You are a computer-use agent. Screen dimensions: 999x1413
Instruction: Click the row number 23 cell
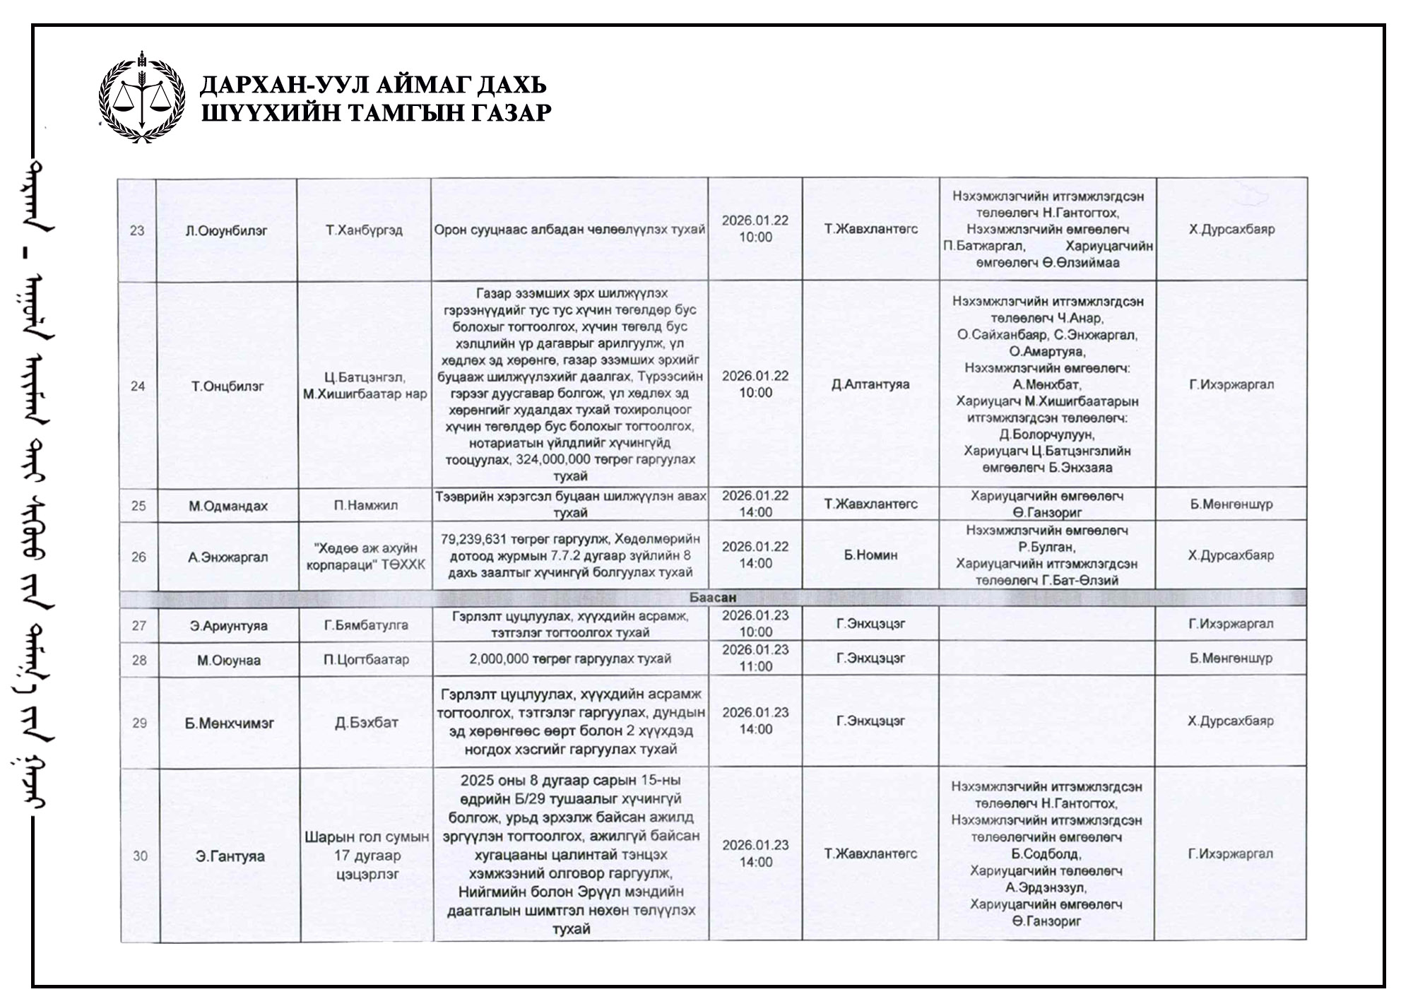pyautogui.click(x=137, y=230)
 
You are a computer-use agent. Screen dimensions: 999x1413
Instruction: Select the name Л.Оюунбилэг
pyautogui.click(x=227, y=230)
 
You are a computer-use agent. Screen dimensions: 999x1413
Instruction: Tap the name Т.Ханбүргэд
pyautogui.click(x=365, y=230)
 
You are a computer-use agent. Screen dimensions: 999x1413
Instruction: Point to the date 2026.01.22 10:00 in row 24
pyautogui.click(x=755, y=384)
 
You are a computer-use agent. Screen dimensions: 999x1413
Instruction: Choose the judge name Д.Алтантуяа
pyautogui.click(x=870, y=384)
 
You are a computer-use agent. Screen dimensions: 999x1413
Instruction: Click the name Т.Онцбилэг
pyautogui.click(x=227, y=386)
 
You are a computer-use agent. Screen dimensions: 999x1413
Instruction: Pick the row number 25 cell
pyautogui.click(x=138, y=506)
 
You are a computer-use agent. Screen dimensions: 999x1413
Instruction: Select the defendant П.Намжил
pyautogui.click(x=365, y=506)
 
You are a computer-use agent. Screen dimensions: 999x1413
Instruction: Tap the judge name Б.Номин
pyautogui.click(x=870, y=555)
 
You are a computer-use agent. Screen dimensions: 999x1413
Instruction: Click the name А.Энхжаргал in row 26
pyautogui.click(x=228, y=557)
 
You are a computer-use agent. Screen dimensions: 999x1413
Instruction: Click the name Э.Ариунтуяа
pyautogui.click(x=229, y=625)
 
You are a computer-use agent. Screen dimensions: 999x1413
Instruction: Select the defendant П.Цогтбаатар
pyautogui.click(x=366, y=660)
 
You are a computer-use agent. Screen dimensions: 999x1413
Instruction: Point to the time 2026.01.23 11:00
pyautogui.click(x=755, y=658)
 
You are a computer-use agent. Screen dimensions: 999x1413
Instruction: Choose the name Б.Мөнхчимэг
pyautogui.click(x=230, y=723)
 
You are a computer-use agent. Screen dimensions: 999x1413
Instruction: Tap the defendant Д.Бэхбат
pyautogui.click(x=366, y=723)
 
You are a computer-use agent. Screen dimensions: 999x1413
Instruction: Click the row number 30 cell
pyautogui.click(x=140, y=856)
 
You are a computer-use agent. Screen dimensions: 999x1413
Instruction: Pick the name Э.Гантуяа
pyautogui.click(x=230, y=856)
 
